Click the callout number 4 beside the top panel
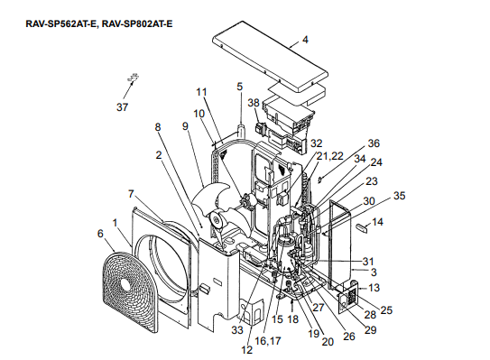(305, 40)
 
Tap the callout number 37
(122, 107)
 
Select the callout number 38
(254, 103)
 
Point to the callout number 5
(240, 87)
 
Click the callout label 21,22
(330, 155)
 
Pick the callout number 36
(374, 143)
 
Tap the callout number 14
(377, 222)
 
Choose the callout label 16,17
(268, 341)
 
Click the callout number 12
(247, 350)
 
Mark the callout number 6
(100, 234)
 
